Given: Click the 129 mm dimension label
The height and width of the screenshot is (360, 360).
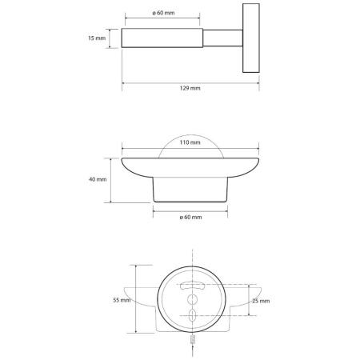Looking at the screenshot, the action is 190,88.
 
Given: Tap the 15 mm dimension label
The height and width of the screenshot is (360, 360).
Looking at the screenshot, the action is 97,38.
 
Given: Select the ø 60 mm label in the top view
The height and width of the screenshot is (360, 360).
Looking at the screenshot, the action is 163,13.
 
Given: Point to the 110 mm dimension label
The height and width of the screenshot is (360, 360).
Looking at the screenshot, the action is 190,142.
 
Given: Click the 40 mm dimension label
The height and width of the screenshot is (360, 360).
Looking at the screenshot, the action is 98,179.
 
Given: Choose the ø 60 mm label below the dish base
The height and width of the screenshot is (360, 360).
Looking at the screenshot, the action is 190,218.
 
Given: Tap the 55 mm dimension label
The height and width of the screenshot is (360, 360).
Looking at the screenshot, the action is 122,300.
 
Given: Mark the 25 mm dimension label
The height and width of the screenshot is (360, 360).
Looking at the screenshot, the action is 261,301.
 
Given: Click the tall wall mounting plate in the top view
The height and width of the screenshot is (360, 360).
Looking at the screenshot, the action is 251,38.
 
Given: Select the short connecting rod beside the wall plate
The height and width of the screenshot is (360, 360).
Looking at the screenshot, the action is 222,38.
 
